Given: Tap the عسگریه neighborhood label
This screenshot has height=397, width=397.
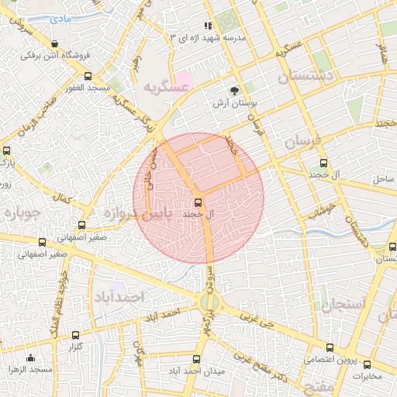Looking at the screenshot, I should [x=165, y=88].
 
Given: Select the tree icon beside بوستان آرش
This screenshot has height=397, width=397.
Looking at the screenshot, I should [x=235, y=90].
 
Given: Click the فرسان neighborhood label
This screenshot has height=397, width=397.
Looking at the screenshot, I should [x=301, y=142].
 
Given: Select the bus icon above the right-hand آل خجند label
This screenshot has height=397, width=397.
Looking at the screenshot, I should [x=324, y=163].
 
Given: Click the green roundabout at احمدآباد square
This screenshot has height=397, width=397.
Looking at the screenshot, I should [x=208, y=301].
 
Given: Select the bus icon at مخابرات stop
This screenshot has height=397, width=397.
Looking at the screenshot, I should [x=366, y=364].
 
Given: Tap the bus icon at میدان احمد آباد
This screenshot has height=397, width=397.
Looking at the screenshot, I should [x=196, y=360].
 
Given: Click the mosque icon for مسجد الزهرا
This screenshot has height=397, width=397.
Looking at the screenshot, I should [x=30, y=357].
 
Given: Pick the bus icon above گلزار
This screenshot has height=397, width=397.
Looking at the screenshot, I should [x=75, y=337].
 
